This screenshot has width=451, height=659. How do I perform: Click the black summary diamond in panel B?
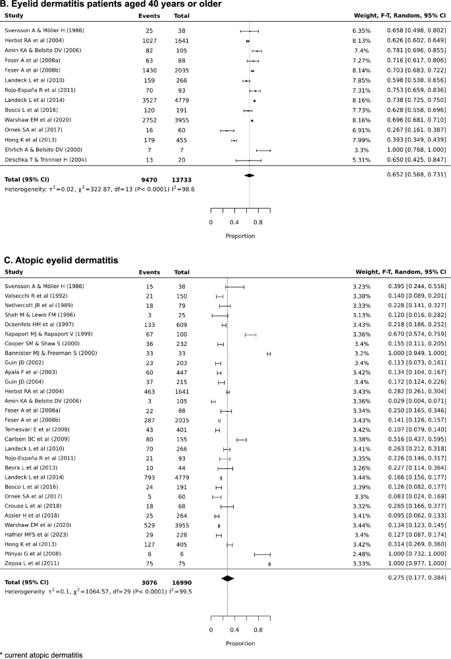(249, 176)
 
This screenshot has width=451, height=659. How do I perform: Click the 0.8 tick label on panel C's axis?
(257, 629)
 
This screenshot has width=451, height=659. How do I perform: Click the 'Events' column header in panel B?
(148, 18)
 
